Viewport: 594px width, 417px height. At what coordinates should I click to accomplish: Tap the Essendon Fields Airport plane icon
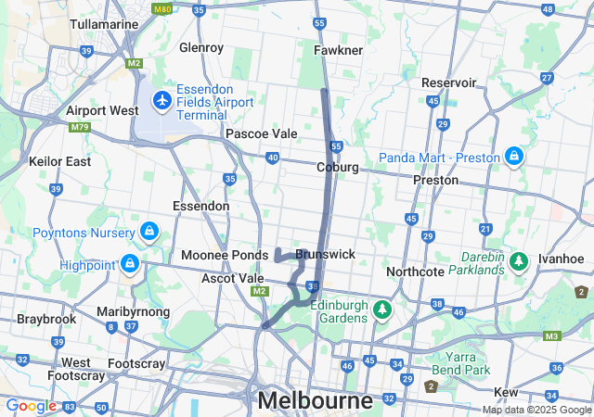tap(162, 98)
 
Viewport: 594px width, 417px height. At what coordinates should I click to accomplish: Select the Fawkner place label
tap(338, 49)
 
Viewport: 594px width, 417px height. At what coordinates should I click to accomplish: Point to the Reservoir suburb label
tap(448, 82)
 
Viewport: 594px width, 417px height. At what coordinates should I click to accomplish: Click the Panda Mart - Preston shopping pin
tap(513, 156)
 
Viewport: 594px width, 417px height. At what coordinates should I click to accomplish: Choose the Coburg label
tap(337, 168)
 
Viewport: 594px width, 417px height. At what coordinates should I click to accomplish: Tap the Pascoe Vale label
tap(262, 133)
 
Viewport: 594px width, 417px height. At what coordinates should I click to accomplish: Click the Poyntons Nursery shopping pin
tap(148, 230)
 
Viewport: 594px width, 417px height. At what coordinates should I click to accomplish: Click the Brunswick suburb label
tap(325, 254)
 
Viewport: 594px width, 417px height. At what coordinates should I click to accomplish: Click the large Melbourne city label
tap(316, 401)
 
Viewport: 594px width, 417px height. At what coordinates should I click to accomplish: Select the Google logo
tap(31, 406)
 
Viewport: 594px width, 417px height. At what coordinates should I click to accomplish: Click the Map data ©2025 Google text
tap(536, 410)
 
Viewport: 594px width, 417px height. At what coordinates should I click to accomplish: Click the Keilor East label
tap(60, 161)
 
